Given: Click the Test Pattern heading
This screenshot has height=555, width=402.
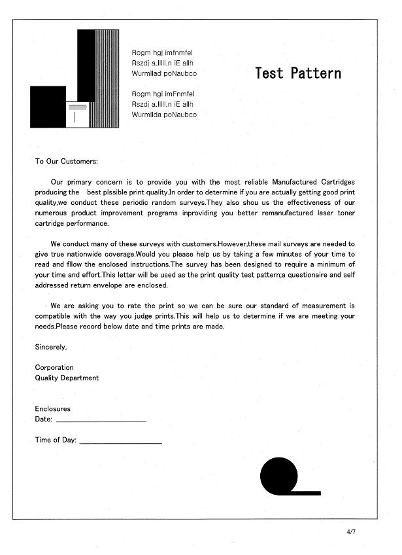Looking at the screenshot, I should click(298, 73).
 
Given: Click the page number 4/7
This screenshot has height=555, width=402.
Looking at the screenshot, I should click(352, 531).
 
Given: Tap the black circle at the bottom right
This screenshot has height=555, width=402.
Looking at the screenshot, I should click(278, 475).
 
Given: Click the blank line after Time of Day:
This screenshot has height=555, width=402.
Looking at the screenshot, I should click(120, 443).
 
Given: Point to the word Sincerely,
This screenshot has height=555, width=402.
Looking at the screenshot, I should click(51, 347).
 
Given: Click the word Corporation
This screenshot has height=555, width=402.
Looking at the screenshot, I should click(54, 367).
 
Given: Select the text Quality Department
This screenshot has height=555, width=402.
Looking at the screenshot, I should click(67, 378).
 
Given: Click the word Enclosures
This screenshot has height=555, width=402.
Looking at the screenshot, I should click(52, 408).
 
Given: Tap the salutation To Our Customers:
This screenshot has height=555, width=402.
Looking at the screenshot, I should click(66, 161).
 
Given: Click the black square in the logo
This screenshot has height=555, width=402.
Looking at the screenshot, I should click(48, 106).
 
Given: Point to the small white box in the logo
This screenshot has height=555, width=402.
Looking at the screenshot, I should click(76, 114).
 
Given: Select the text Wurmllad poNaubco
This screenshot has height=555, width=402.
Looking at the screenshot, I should click(164, 73).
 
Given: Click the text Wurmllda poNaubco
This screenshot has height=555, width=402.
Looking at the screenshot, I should click(164, 115).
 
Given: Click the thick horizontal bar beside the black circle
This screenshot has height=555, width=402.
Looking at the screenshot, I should click(307, 492).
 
